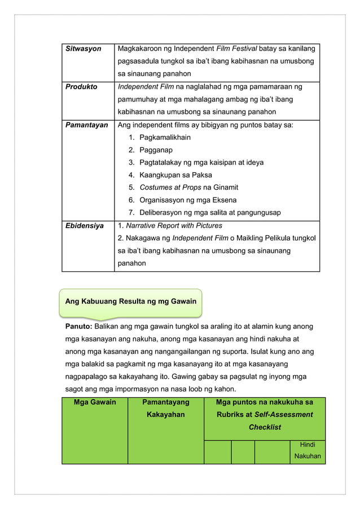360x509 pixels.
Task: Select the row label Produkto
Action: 81,87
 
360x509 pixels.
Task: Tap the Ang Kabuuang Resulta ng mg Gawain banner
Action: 131,301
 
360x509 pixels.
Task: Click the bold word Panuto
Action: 80,326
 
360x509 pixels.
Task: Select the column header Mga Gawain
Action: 95,402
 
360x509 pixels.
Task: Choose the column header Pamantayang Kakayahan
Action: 165,408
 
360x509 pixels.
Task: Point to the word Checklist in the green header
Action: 265,427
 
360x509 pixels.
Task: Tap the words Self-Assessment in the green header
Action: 286,414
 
